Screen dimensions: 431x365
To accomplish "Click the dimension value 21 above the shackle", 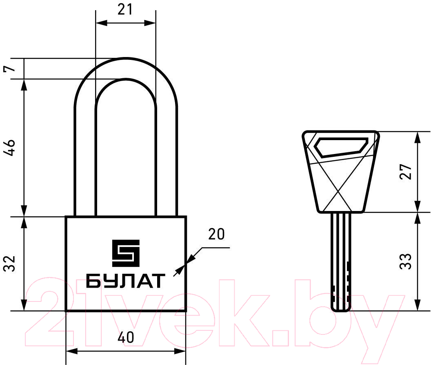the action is click(x=125, y=10).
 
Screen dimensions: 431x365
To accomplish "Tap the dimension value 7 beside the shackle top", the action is click(x=9, y=68).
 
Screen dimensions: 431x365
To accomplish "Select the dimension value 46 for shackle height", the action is click(x=9, y=147).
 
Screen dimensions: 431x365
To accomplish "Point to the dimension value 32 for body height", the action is click(x=9, y=264).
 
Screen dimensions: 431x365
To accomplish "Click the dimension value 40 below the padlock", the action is click(x=126, y=337).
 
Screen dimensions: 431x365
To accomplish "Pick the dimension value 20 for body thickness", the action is click(x=216, y=234).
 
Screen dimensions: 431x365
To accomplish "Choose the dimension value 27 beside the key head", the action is click(x=406, y=172).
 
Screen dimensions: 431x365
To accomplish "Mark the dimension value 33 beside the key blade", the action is click(x=406, y=261).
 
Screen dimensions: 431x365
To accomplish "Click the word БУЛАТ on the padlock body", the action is click(x=126, y=281).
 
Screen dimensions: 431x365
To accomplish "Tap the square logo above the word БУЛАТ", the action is click(x=126, y=253).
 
